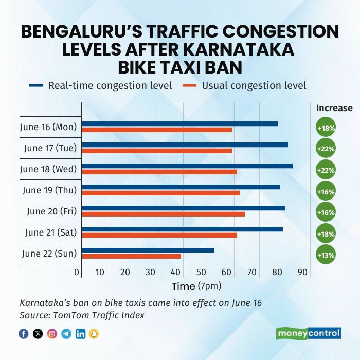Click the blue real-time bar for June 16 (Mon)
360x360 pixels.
180,123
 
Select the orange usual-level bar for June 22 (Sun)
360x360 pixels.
132,256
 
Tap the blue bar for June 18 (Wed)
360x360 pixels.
187,166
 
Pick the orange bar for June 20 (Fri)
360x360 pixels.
164,213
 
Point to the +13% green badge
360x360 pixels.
326,255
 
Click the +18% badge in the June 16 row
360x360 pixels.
326,128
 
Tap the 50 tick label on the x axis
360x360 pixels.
201,272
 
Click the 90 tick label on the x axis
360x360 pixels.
302,272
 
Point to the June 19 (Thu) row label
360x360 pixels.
49,190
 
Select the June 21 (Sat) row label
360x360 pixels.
51,232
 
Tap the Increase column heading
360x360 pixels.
334,108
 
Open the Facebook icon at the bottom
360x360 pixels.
24,334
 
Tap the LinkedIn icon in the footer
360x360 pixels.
80,334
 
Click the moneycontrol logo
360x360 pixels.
309,333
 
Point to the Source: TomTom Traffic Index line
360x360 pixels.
82,315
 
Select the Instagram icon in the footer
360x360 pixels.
52,334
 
